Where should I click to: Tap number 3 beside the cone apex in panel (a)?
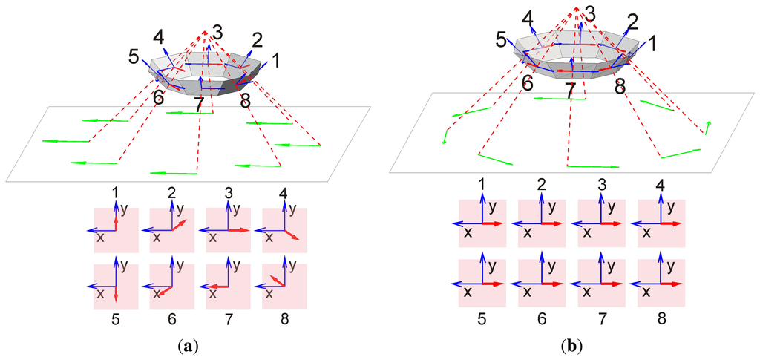tap(217, 32)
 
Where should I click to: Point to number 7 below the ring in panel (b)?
tap(570, 91)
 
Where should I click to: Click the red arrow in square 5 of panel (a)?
tap(116, 293)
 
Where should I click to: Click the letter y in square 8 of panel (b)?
tap(670, 265)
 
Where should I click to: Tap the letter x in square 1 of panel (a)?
tap(98, 238)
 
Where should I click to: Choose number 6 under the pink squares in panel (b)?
tap(541, 319)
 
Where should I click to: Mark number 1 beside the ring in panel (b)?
tap(652, 44)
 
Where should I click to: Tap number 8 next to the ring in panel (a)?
tap(246, 101)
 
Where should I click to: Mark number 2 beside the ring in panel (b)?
tap(632, 22)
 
